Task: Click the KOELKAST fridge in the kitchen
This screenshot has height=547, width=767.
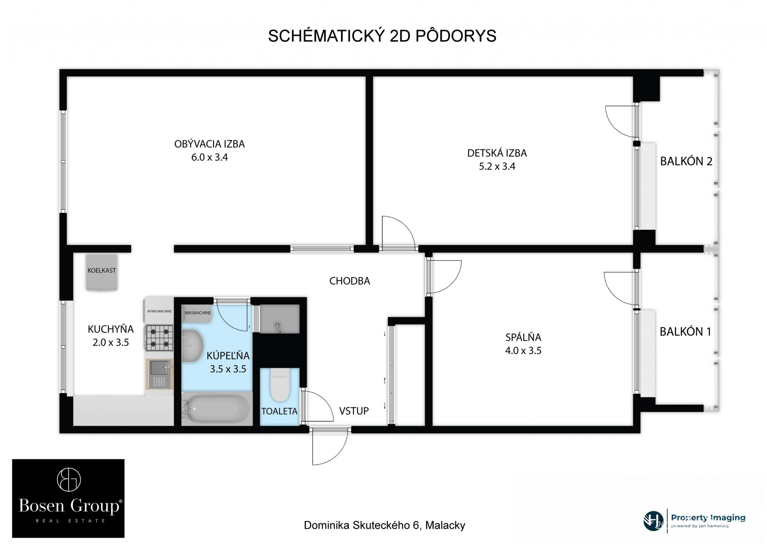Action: tap(102, 272)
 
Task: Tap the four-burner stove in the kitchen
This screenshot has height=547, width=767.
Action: tap(159, 338)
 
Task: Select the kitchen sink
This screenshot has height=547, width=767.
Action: tap(160, 374)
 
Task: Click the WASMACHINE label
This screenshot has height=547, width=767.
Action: tap(198, 313)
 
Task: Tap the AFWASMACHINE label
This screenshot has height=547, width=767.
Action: tap(160, 311)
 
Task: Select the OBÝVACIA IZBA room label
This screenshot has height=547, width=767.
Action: tap(209, 144)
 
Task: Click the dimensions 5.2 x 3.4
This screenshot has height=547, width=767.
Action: tap(497, 166)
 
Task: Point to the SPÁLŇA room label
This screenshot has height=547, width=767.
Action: tap(523, 337)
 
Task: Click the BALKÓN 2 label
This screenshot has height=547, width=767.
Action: tap(686, 161)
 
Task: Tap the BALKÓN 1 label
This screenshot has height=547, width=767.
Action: tap(685, 332)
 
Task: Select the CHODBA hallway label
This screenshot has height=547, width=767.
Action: tap(349, 281)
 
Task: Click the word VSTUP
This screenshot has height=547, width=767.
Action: tap(354, 411)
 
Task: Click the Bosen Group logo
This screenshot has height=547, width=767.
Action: tap(68, 498)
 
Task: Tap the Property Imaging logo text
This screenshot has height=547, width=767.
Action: tap(708, 518)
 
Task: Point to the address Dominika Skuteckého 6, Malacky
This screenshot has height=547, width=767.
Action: tap(384, 525)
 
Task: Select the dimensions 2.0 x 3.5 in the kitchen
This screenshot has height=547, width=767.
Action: tap(111, 343)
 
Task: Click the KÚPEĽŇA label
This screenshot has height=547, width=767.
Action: tap(228, 355)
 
